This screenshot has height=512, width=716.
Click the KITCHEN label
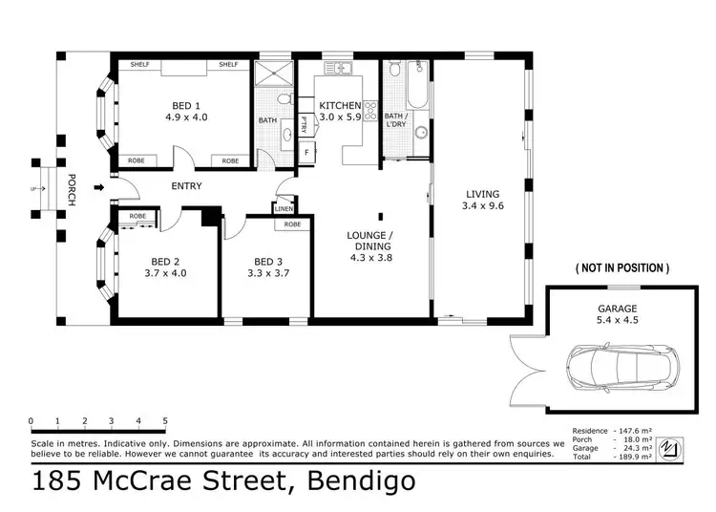coord(339,105)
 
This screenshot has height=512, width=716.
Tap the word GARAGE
coord(618,309)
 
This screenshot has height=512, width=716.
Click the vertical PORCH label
coord(71,191)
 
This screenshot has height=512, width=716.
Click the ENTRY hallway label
coord(186,186)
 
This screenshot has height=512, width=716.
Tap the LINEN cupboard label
coord(284,208)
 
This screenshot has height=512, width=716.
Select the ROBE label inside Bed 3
coord(293,224)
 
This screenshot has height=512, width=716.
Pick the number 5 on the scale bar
coord(165,421)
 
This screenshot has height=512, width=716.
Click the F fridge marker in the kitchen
coord(305,151)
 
